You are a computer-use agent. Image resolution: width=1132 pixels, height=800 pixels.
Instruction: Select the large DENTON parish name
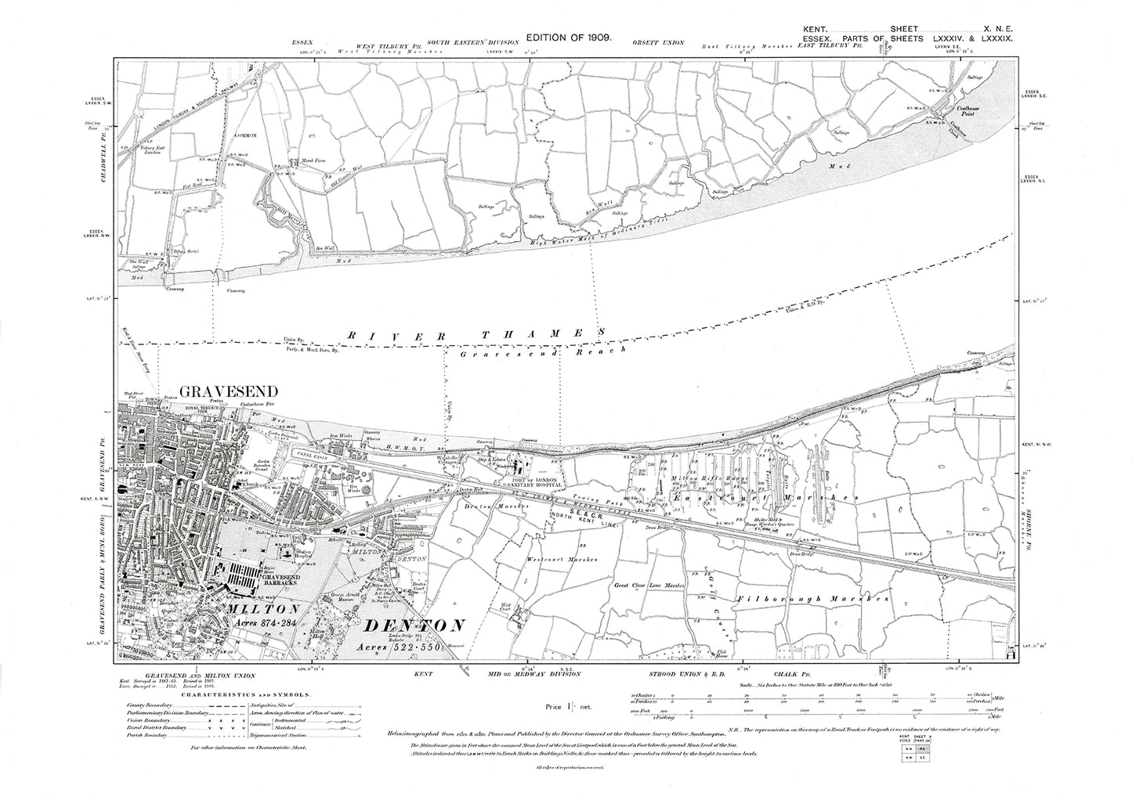pyautogui.click(x=414, y=626)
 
